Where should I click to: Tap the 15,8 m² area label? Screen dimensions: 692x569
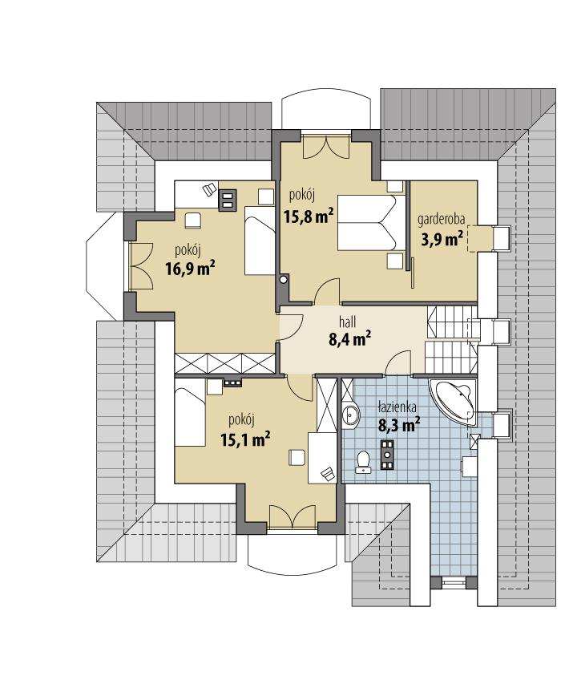coord(309,214)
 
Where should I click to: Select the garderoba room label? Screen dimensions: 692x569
coord(442,220)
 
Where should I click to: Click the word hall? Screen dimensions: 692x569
coord(349,321)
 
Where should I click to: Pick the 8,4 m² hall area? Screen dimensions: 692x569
coord(349,339)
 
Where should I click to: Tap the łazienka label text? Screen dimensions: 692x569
coord(399,408)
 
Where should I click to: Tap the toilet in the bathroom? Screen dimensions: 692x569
coord(363,460)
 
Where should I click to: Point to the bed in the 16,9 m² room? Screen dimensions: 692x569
coord(259,241)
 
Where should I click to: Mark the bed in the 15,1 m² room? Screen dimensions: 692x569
coord(192,414)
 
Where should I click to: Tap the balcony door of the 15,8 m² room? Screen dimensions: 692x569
coord(326,147)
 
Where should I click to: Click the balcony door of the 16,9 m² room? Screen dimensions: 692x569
coord(141,265)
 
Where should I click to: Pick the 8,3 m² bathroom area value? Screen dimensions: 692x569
coord(399,426)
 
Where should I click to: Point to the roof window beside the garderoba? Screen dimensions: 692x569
coord(502,239)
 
